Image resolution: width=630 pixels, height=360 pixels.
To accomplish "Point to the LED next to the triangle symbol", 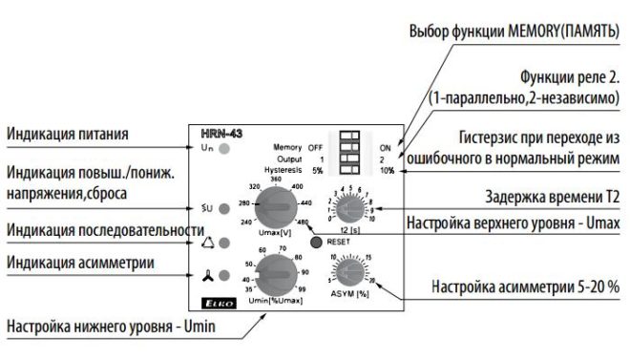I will click(x=224, y=243).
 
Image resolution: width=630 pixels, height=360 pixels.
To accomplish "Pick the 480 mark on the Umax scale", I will click(x=304, y=222).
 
